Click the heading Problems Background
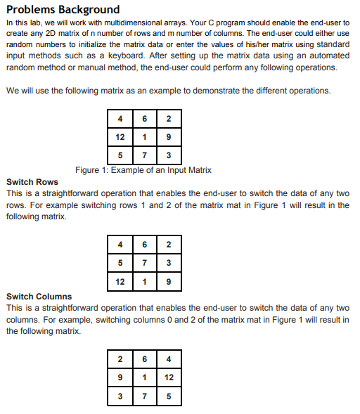click(63, 10)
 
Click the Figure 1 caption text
click(143, 170)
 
